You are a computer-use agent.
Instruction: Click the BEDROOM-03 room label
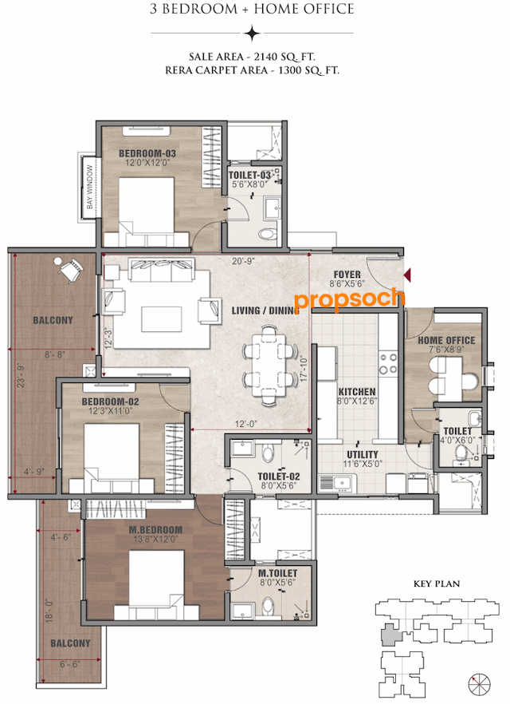(x=147, y=153)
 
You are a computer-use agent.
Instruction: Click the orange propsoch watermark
(x=349, y=299)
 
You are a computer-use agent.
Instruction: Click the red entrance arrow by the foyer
(x=407, y=275)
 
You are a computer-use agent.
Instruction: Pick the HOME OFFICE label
(x=446, y=341)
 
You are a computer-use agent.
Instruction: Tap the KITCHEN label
(x=357, y=393)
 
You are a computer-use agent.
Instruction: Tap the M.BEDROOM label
(x=156, y=530)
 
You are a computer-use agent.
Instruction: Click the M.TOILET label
(x=278, y=573)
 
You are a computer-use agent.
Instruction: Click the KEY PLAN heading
(x=437, y=584)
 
